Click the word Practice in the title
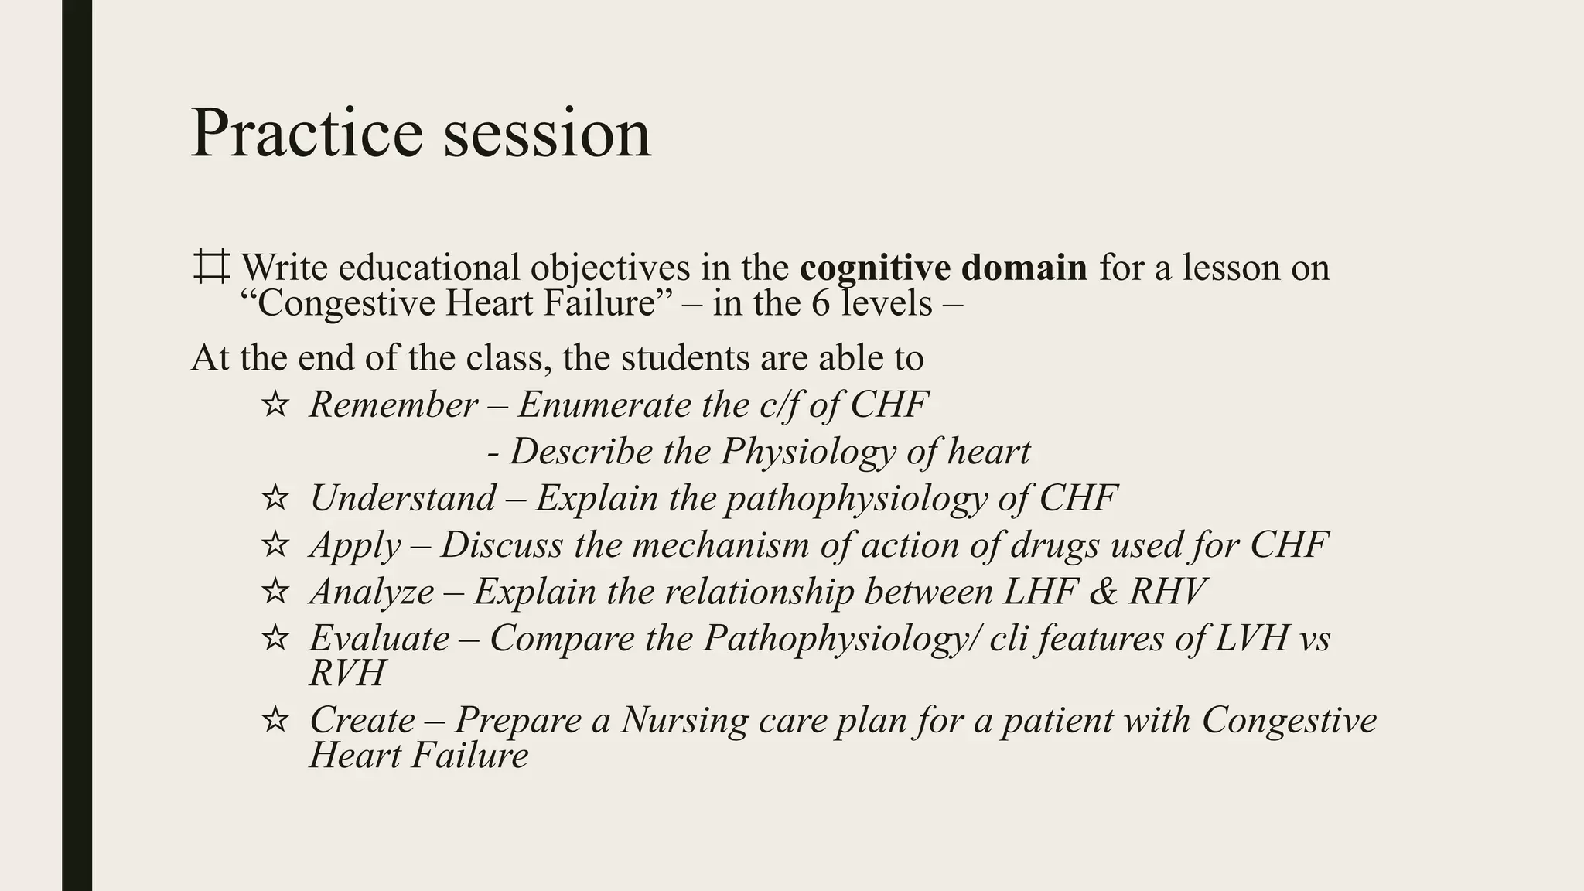tap(306, 133)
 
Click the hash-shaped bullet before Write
tap(210, 267)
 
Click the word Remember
tap(394, 405)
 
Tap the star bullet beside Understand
tap(275, 498)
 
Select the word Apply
tap(355, 546)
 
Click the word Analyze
tap(372, 592)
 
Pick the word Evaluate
tap(379, 638)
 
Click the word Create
tap(362, 720)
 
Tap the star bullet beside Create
tap(275, 721)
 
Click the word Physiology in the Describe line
tap(808, 452)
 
